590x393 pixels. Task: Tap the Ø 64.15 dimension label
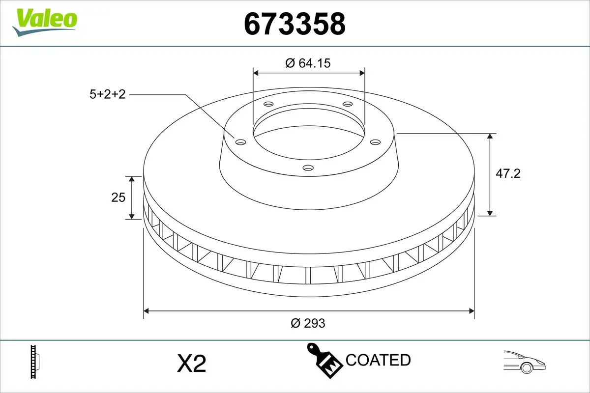pos(308,63)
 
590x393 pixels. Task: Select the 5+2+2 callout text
pos(108,94)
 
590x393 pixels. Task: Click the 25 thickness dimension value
pos(118,197)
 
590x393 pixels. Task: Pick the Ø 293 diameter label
pos(308,323)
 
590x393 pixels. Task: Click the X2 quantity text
pos(191,364)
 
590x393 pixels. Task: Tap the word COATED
pos(378,360)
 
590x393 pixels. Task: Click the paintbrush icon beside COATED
pos(324,360)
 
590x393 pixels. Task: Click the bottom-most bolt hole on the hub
pos(308,168)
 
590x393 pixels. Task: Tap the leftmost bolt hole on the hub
pos(240,142)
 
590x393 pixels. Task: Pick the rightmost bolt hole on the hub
pos(376,142)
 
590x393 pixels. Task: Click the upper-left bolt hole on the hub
pos(268,104)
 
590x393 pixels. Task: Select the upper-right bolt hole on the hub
pos(348,104)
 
